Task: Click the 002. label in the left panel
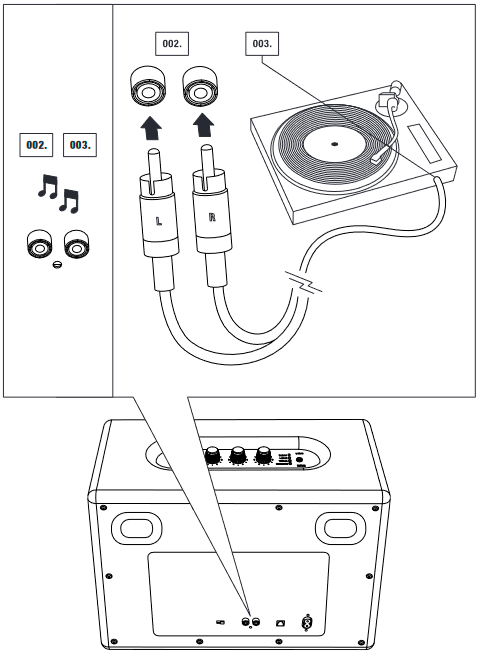pyautogui.click(x=37, y=144)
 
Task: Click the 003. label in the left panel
pyautogui.click(x=79, y=144)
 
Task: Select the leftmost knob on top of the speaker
pyautogui.click(x=212, y=456)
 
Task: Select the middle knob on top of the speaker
pyautogui.click(x=238, y=456)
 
